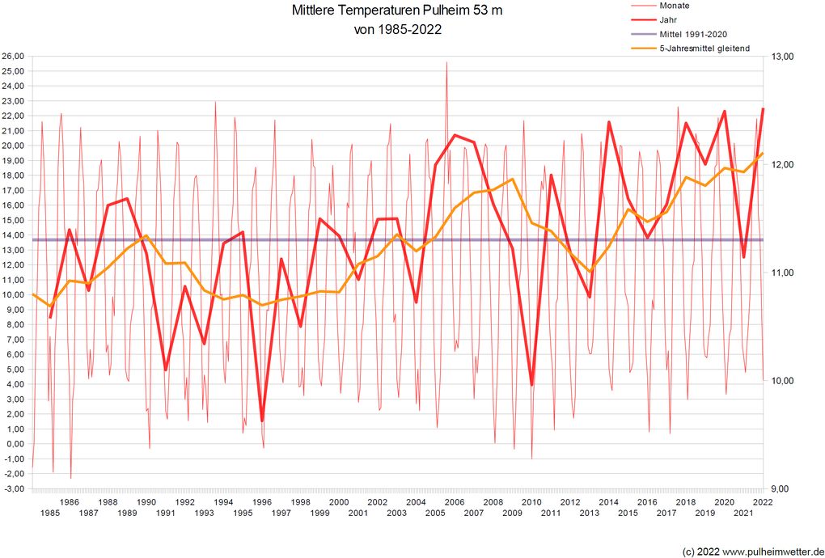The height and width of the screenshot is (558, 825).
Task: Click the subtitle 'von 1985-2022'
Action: coord(398,30)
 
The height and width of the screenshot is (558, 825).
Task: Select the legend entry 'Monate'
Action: coord(675,5)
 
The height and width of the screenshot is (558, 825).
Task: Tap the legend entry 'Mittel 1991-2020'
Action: coord(694,34)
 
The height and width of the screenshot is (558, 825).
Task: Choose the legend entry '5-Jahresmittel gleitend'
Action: coord(704,49)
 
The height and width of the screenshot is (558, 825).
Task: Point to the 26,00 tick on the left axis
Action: coord(14,57)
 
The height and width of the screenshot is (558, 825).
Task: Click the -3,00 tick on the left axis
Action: coord(14,488)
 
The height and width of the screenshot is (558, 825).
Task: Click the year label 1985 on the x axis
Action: coord(49,513)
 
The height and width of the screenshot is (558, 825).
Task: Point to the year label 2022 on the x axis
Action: coord(762,502)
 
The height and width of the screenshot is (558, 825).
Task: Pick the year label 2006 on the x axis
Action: coord(454,502)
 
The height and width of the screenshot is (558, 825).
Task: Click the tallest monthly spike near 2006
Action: coord(446,63)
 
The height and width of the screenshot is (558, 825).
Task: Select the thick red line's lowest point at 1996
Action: coord(263,421)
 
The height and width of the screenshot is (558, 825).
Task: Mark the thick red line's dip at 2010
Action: coord(532,385)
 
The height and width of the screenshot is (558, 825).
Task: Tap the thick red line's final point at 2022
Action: coord(763,109)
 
